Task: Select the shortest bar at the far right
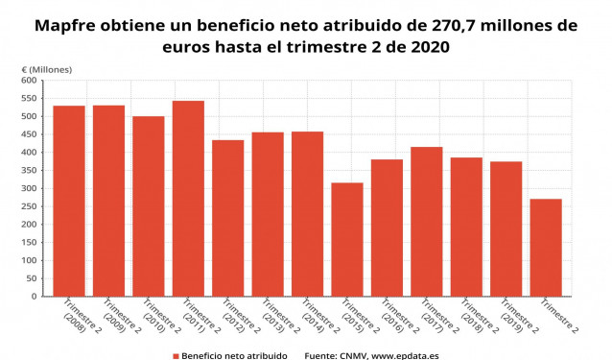(x=546, y=248)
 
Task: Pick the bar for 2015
(x=347, y=239)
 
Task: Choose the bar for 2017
(x=426, y=222)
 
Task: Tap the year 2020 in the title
(x=427, y=46)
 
